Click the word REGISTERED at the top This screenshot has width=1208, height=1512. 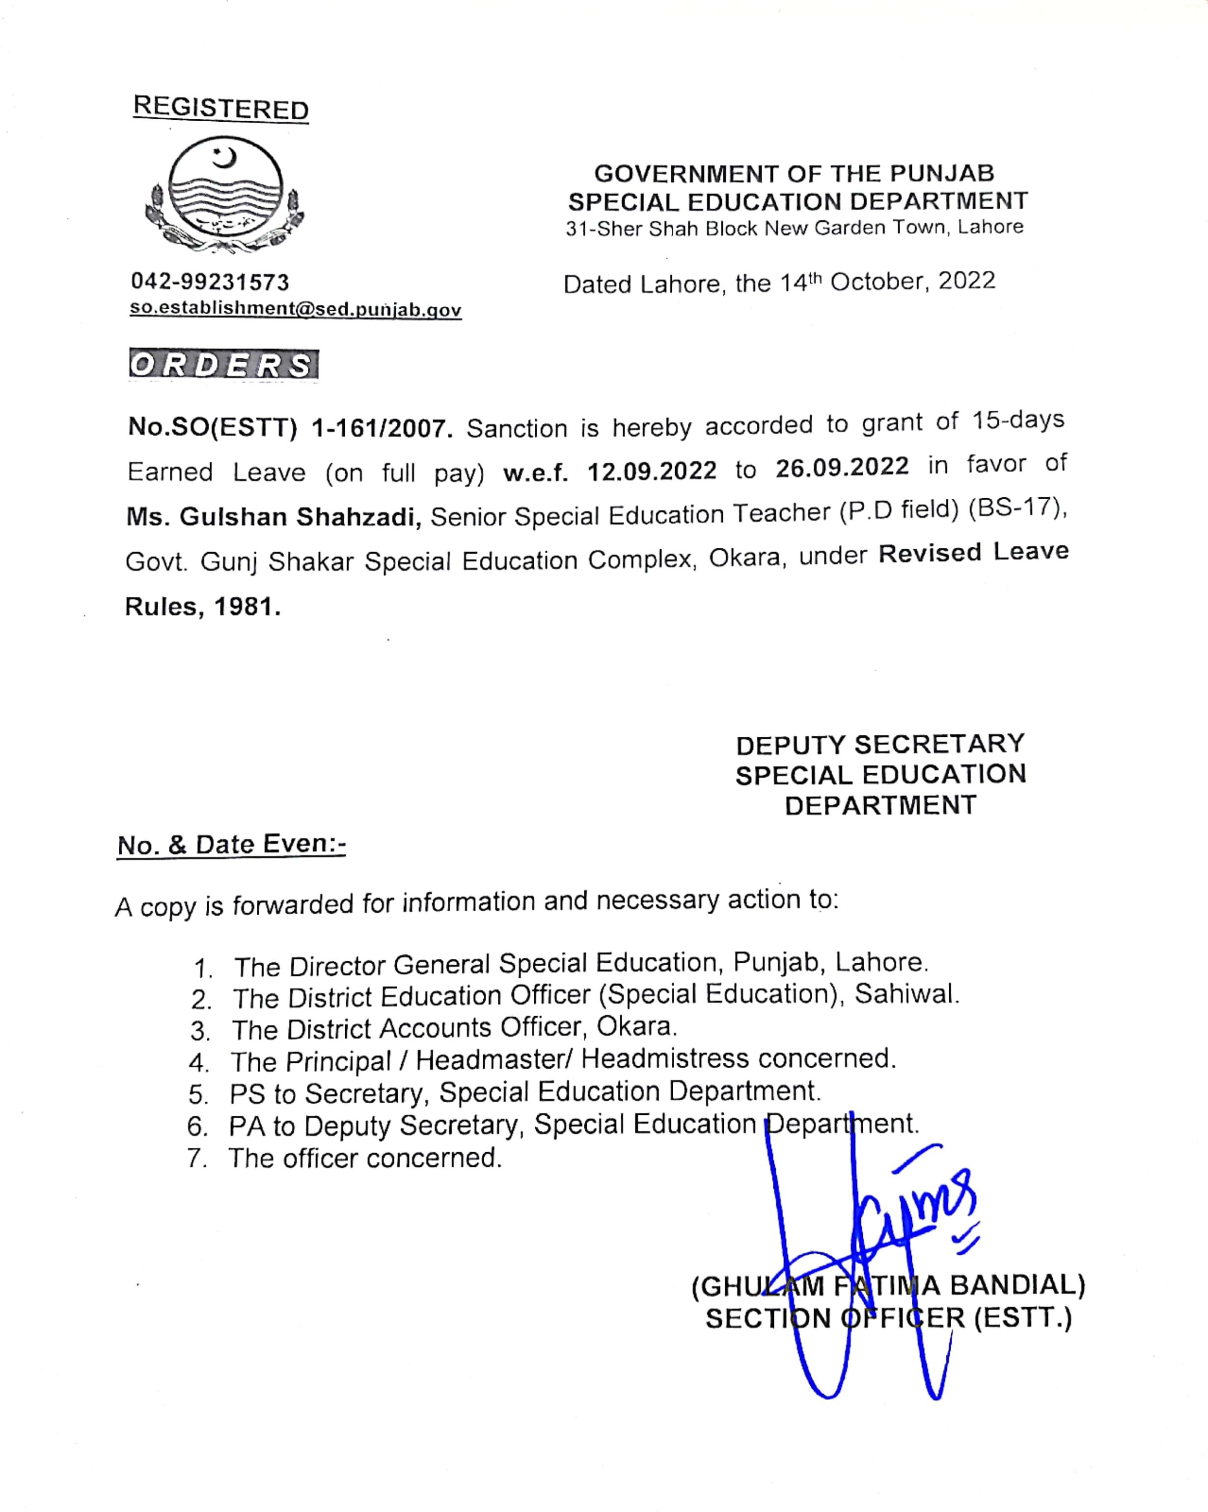click(221, 108)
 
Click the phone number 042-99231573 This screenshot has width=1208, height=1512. click(210, 282)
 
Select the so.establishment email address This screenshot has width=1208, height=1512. click(295, 309)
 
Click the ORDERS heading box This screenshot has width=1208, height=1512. click(223, 365)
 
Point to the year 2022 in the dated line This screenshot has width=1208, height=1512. click(967, 280)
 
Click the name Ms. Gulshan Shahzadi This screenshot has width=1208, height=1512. click(274, 517)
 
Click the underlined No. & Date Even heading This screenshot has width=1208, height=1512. click(231, 844)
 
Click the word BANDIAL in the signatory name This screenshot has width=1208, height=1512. click(1017, 1285)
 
